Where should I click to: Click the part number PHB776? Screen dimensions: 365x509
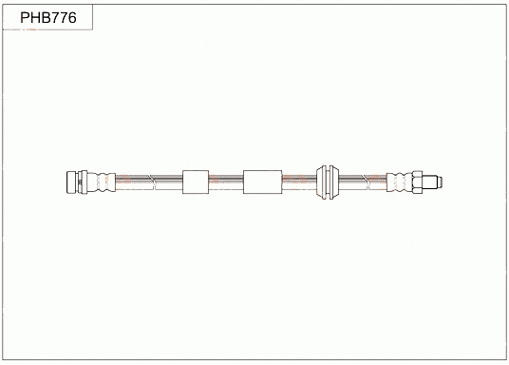tap(47, 17)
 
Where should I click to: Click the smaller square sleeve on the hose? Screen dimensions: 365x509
tap(195, 181)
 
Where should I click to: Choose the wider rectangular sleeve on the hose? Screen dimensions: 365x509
tap(262, 181)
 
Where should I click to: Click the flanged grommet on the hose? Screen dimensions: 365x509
tap(329, 181)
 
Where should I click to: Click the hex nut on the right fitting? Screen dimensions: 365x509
tap(419, 181)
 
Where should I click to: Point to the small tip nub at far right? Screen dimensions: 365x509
tap(439, 181)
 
